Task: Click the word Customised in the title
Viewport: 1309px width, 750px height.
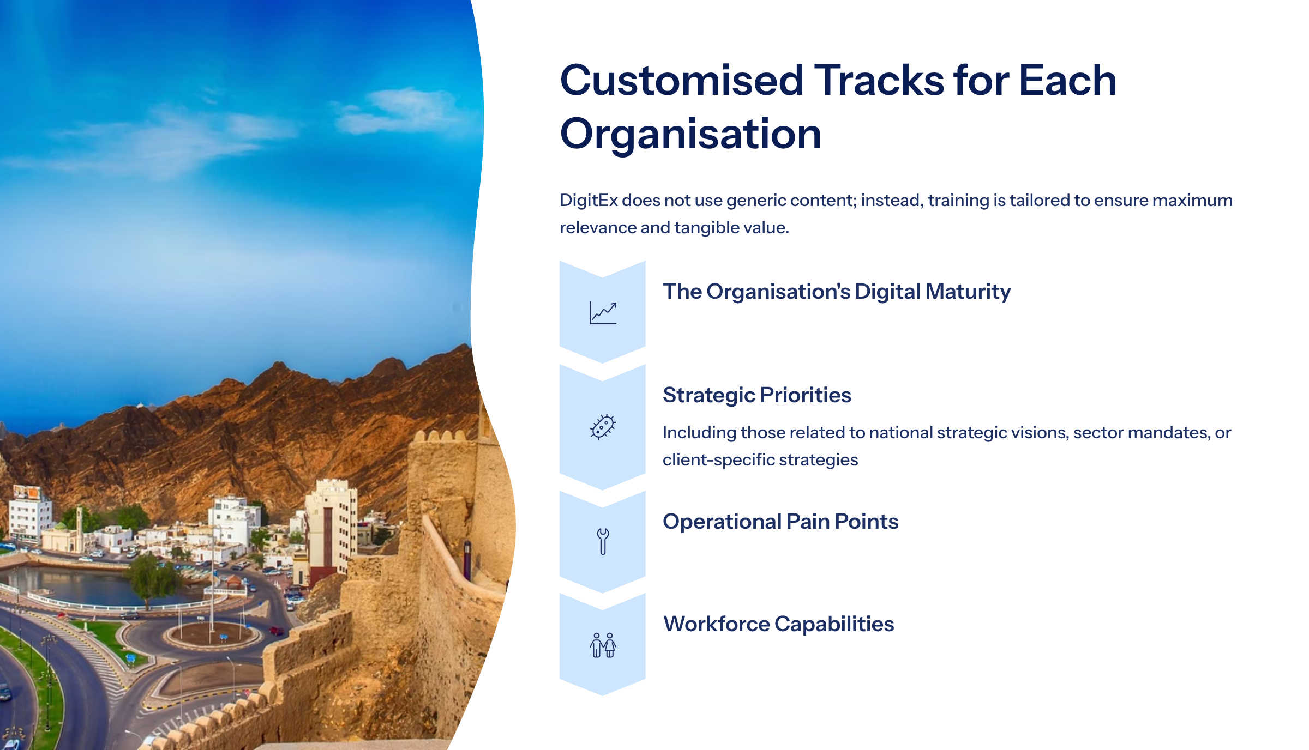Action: tap(682, 81)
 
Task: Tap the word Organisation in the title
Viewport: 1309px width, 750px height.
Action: tap(690, 134)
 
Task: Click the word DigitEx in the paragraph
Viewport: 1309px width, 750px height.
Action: tap(589, 201)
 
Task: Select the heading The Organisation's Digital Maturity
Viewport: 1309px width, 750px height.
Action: tap(837, 292)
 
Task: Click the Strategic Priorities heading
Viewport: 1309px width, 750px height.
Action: tap(757, 395)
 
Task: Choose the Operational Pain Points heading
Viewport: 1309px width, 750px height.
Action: tap(780, 522)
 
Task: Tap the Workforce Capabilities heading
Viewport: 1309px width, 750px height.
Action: tap(778, 624)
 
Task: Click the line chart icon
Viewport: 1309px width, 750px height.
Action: tap(603, 313)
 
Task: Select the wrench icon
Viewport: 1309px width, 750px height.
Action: tap(603, 541)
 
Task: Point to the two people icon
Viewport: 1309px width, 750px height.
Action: tap(603, 645)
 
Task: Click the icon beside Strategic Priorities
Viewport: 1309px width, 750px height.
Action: tap(603, 427)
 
